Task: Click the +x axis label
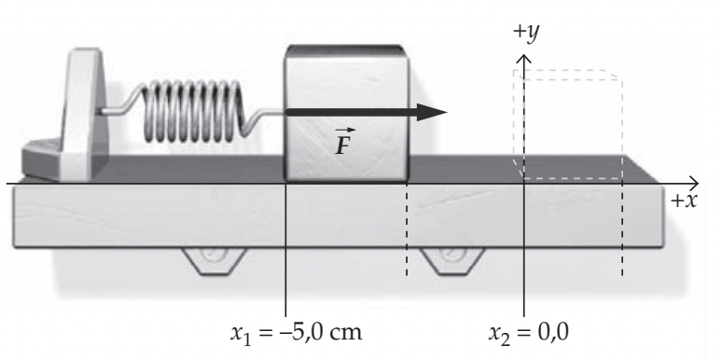pos(684,201)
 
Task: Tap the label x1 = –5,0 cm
pos(297,333)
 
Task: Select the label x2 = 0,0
pos(529,333)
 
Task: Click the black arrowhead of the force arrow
pos(432,112)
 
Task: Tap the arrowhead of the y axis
pos(523,59)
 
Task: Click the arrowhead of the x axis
pos(693,183)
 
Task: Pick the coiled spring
pos(192,110)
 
